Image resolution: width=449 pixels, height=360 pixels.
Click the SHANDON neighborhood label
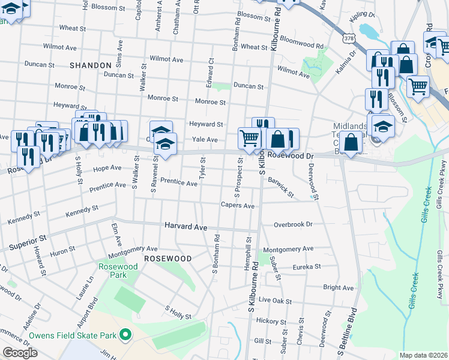[91, 65]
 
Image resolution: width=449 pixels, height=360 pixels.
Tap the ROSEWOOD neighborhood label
[167, 258]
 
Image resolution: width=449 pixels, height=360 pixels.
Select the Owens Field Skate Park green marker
[125, 334]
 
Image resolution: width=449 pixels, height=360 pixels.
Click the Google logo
[20, 353]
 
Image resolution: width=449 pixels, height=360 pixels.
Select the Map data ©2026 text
[423, 355]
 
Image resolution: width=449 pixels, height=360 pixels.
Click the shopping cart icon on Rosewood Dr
[249, 137]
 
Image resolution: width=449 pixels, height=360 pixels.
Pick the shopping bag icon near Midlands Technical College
[351, 142]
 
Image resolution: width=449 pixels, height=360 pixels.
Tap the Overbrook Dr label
[294, 224]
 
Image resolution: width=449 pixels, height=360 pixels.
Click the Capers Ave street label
[238, 206]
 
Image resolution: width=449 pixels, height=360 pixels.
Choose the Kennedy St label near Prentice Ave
[82, 211]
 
